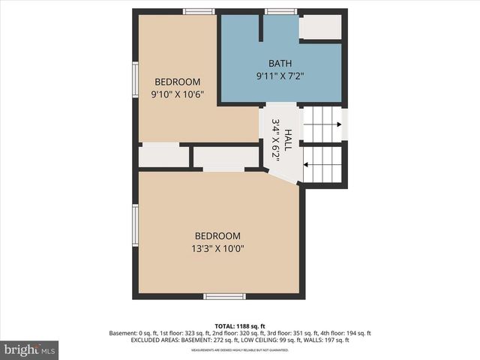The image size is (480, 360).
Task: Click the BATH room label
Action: coord(280,64)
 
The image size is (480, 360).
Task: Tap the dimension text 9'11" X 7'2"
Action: coord(280,76)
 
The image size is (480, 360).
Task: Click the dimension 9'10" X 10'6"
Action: coord(178,94)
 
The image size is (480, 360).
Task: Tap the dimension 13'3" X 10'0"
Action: coord(217,248)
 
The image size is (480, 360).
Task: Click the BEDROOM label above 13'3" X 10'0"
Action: coord(217,235)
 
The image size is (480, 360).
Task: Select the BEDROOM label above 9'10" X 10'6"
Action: coord(178,82)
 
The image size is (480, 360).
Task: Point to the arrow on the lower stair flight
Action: coord(322,164)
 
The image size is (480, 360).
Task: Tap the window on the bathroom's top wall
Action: coord(280,11)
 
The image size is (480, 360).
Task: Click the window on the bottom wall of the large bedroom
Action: coord(224,296)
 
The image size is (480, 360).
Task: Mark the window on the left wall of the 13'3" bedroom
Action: coord(136,225)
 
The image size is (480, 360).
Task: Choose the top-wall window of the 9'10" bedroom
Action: coord(199,11)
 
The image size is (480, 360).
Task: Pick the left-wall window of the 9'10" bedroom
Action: coord(136,79)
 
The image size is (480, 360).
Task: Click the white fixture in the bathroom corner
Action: coord(320,28)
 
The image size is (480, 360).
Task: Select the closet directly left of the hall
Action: coord(226,157)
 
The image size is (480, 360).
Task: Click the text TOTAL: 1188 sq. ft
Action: coord(240,325)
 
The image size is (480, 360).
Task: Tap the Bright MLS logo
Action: coord(29,349)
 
